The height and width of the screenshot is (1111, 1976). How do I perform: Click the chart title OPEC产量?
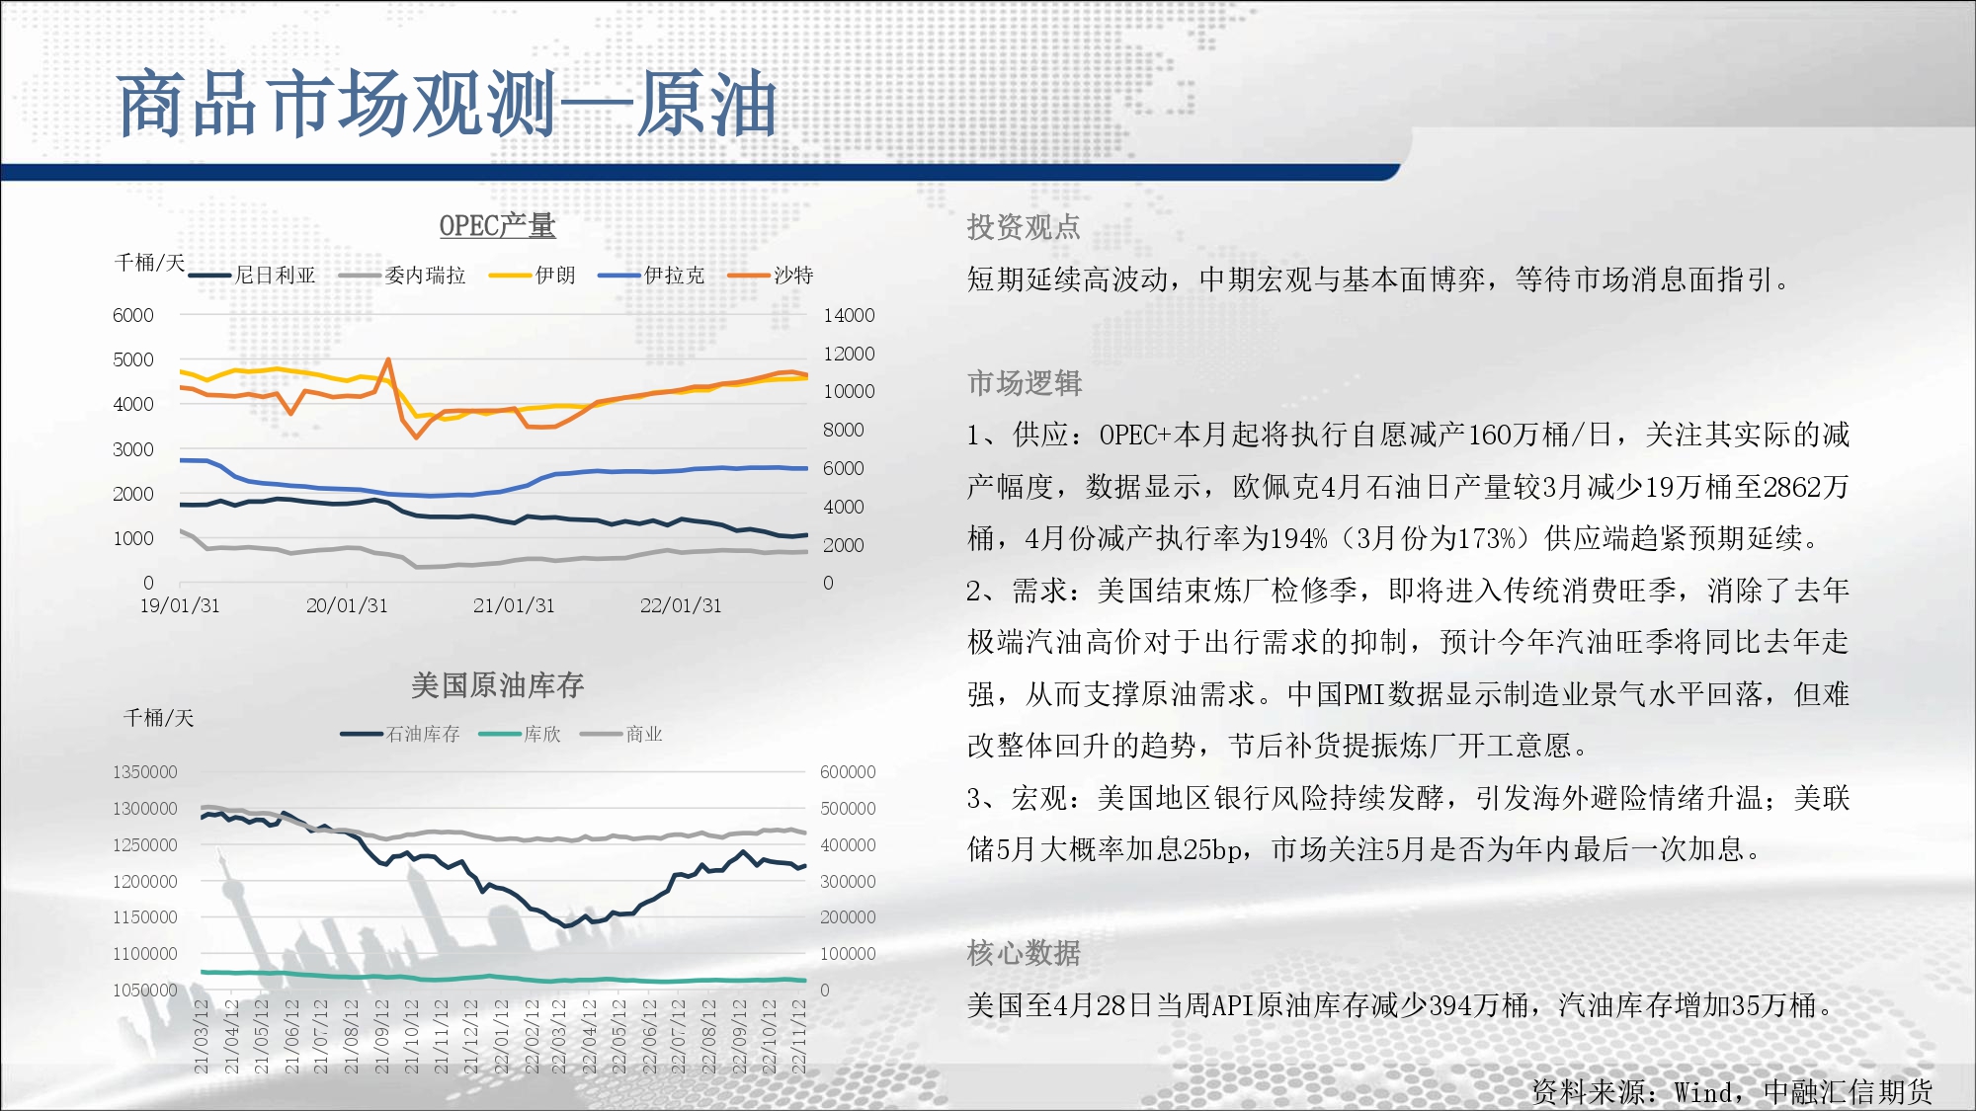tap(497, 226)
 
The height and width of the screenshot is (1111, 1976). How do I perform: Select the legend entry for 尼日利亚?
tap(252, 276)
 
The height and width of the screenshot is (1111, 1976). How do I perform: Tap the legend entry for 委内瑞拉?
tap(402, 276)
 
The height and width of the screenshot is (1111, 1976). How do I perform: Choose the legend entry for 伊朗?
tap(533, 276)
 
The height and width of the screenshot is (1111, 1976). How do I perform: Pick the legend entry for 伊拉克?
tap(651, 276)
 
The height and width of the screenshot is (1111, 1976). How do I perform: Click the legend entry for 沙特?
tap(771, 276)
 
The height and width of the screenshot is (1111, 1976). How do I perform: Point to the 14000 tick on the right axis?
tap(849, 315)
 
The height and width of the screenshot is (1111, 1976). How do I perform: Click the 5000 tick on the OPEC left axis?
tap(133, 359)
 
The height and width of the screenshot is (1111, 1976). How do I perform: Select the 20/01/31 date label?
tap(347, 605)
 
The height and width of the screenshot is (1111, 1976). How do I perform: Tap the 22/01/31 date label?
tap(681, 605)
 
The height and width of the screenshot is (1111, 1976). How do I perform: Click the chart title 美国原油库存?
tap(497, 685)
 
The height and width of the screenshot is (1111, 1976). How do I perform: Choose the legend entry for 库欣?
tap(520, 734)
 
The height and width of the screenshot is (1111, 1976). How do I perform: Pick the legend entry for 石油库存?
tap(400, 734)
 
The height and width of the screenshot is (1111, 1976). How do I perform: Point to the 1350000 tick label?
tap(145, 772)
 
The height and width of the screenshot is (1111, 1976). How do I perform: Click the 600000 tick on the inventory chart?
tap(848, 772)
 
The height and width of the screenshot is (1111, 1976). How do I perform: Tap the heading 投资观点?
tap(1024, 227)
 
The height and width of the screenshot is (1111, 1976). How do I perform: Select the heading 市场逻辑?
tap(1025, 383)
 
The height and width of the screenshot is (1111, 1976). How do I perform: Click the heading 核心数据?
tap(1024, 953)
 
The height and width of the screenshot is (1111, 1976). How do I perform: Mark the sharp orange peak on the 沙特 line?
tap(388, 359)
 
